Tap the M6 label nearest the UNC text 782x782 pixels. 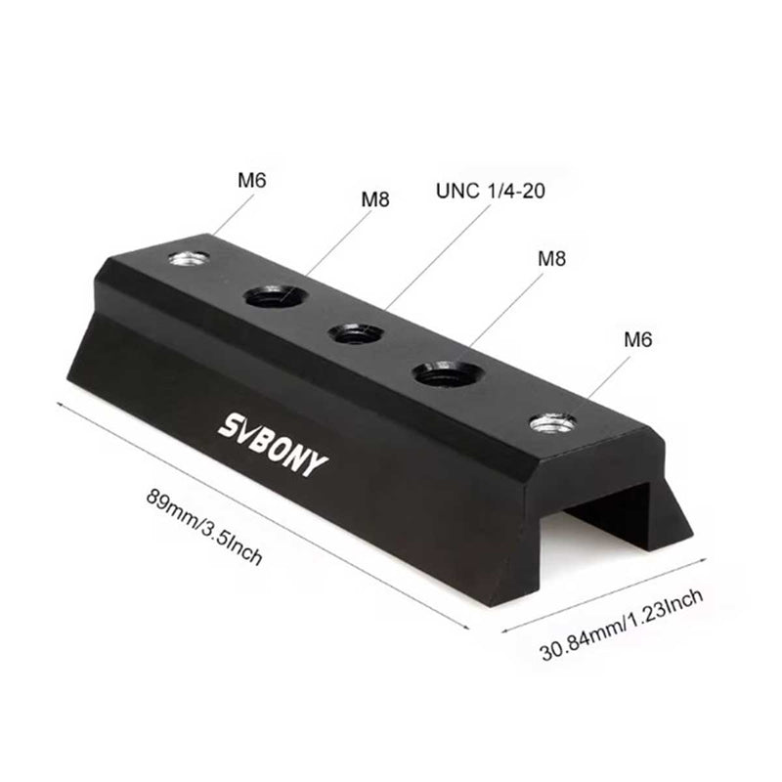point(251,181)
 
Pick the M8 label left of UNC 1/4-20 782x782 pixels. point(375,198)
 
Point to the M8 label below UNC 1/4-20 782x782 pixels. point(552,259)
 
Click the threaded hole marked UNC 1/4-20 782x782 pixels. point(354,334)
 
